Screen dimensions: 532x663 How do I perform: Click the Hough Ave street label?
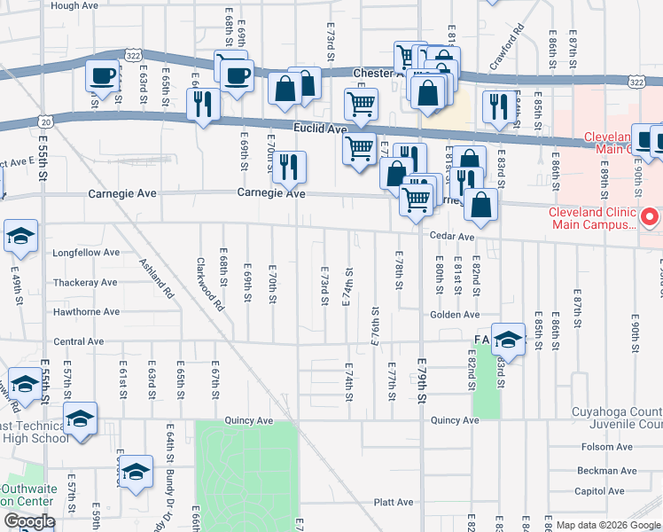coord(75,5)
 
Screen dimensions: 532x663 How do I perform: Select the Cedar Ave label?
coord(454,237)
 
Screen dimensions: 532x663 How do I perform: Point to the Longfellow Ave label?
coord(87,252)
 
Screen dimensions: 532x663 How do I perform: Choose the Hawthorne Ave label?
coord(86,312)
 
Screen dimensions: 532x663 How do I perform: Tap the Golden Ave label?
coord(455,315)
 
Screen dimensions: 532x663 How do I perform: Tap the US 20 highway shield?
coord(47,120)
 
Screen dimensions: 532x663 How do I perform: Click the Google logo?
coord(28,521)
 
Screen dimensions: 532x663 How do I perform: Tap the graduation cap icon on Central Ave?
coord(509,339)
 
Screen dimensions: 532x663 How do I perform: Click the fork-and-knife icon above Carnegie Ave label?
coord(289,166)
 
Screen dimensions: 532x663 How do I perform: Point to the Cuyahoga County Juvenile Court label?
coord(611,418)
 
